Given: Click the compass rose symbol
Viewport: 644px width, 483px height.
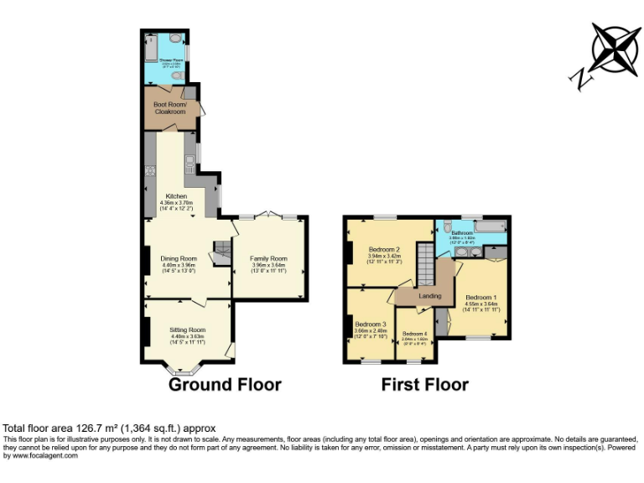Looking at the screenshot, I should pos(615,49).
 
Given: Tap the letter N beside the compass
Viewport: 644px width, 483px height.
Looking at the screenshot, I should pos(580,79).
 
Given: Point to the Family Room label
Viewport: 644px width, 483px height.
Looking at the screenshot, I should pos(268,258).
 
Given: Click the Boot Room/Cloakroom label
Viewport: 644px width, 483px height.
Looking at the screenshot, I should pos(169,108).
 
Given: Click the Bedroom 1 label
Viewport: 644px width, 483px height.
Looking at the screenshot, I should pos(481,298).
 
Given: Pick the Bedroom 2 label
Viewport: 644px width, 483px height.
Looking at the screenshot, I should pos(386,249).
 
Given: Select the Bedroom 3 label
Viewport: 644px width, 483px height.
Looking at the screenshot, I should pos(370,324).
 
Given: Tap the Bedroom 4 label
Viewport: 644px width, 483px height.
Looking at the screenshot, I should pos(414,335).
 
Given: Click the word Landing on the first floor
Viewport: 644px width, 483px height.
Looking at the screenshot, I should pos(430,296).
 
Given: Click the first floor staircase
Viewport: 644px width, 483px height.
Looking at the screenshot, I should pos(426,269).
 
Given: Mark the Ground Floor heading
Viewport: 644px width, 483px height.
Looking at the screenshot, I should pos(225,385).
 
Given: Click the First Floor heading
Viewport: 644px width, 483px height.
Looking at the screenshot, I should pos(424,385).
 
